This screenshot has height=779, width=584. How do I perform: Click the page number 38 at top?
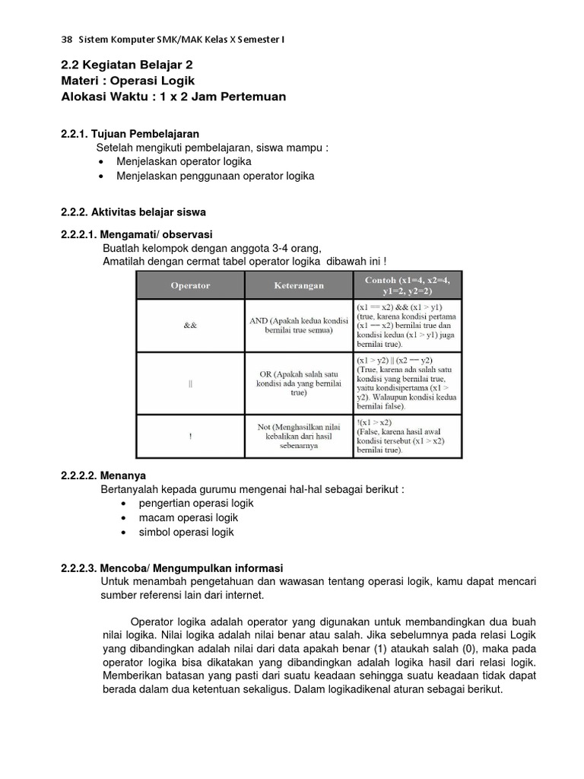coord(65,40)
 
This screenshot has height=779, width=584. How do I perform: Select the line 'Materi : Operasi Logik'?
coord(128,81)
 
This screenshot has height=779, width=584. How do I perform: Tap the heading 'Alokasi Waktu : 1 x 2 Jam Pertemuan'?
coord(173,97)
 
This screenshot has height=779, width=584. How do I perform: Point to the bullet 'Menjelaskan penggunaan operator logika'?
coord(215,176)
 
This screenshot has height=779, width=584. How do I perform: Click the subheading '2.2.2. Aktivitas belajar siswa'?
coord(133,211)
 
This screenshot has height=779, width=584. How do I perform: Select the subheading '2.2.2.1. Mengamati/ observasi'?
coord(137,234)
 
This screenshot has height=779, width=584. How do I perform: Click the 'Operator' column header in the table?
coord(190,286)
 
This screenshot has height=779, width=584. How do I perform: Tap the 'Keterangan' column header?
coord(299,286)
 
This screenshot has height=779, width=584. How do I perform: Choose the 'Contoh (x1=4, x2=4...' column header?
coord(408,285)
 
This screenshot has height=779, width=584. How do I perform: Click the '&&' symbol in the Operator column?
coord(190,326)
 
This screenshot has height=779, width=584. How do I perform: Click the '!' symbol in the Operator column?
coord(190,437)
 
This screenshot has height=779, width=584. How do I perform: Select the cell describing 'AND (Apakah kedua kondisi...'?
coord(299,326)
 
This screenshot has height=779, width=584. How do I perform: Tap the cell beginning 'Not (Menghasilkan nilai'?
coord(299,437)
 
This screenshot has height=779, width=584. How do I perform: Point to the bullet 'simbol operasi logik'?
coord(186,532)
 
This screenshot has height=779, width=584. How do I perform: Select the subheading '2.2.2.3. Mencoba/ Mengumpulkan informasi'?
coord(171,568)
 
